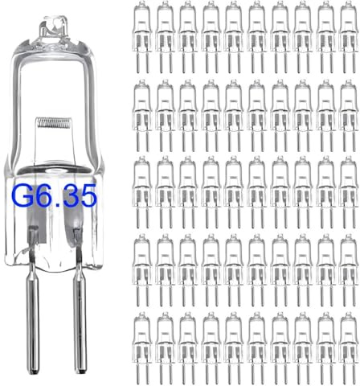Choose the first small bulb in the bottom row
click(x=141, y=338)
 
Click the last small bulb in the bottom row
click(x=350, y=338)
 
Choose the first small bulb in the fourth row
click(x=141, y=259)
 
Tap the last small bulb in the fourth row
click(x=350, y=259)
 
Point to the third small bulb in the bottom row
click(x=187, y=338)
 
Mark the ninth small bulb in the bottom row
click(x=326, y=338)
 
